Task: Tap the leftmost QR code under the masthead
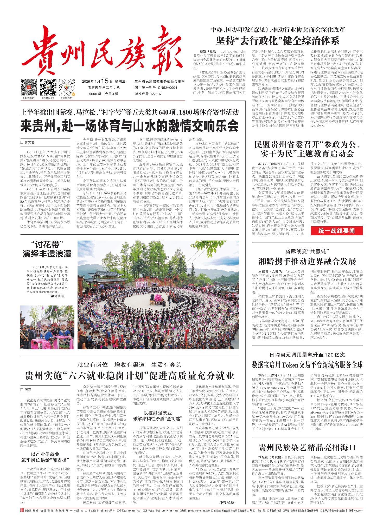pos(29,87)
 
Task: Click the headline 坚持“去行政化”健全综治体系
pos(278,41)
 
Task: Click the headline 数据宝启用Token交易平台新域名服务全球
pos(307,365)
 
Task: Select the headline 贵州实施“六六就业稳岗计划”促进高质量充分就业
pos(129,376)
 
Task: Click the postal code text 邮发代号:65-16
pos(148,94)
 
